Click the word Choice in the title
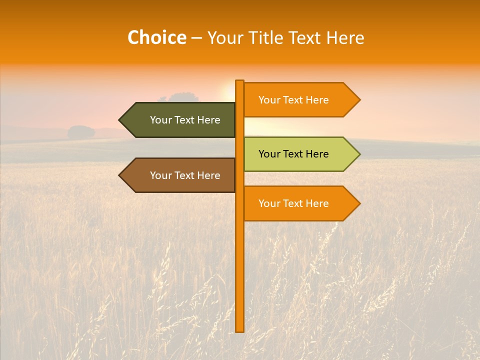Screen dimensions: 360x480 coord(156,37)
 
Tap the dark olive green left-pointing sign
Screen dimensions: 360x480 coord(180,120)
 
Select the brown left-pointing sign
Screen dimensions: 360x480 coord(180,175)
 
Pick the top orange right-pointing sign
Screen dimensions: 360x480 coord(297,100)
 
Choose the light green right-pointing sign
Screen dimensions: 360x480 coord(297,154)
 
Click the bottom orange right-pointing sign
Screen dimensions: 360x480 coord(297,203)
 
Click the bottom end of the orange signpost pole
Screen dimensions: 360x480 coord(239,330)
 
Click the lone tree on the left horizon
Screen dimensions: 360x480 coord(81,132)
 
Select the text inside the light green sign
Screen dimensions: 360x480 coord(293,154)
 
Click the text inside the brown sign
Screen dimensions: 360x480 coord(185,175)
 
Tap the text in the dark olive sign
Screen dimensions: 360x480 coord(185,120)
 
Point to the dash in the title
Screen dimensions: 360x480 coord(196,38)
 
